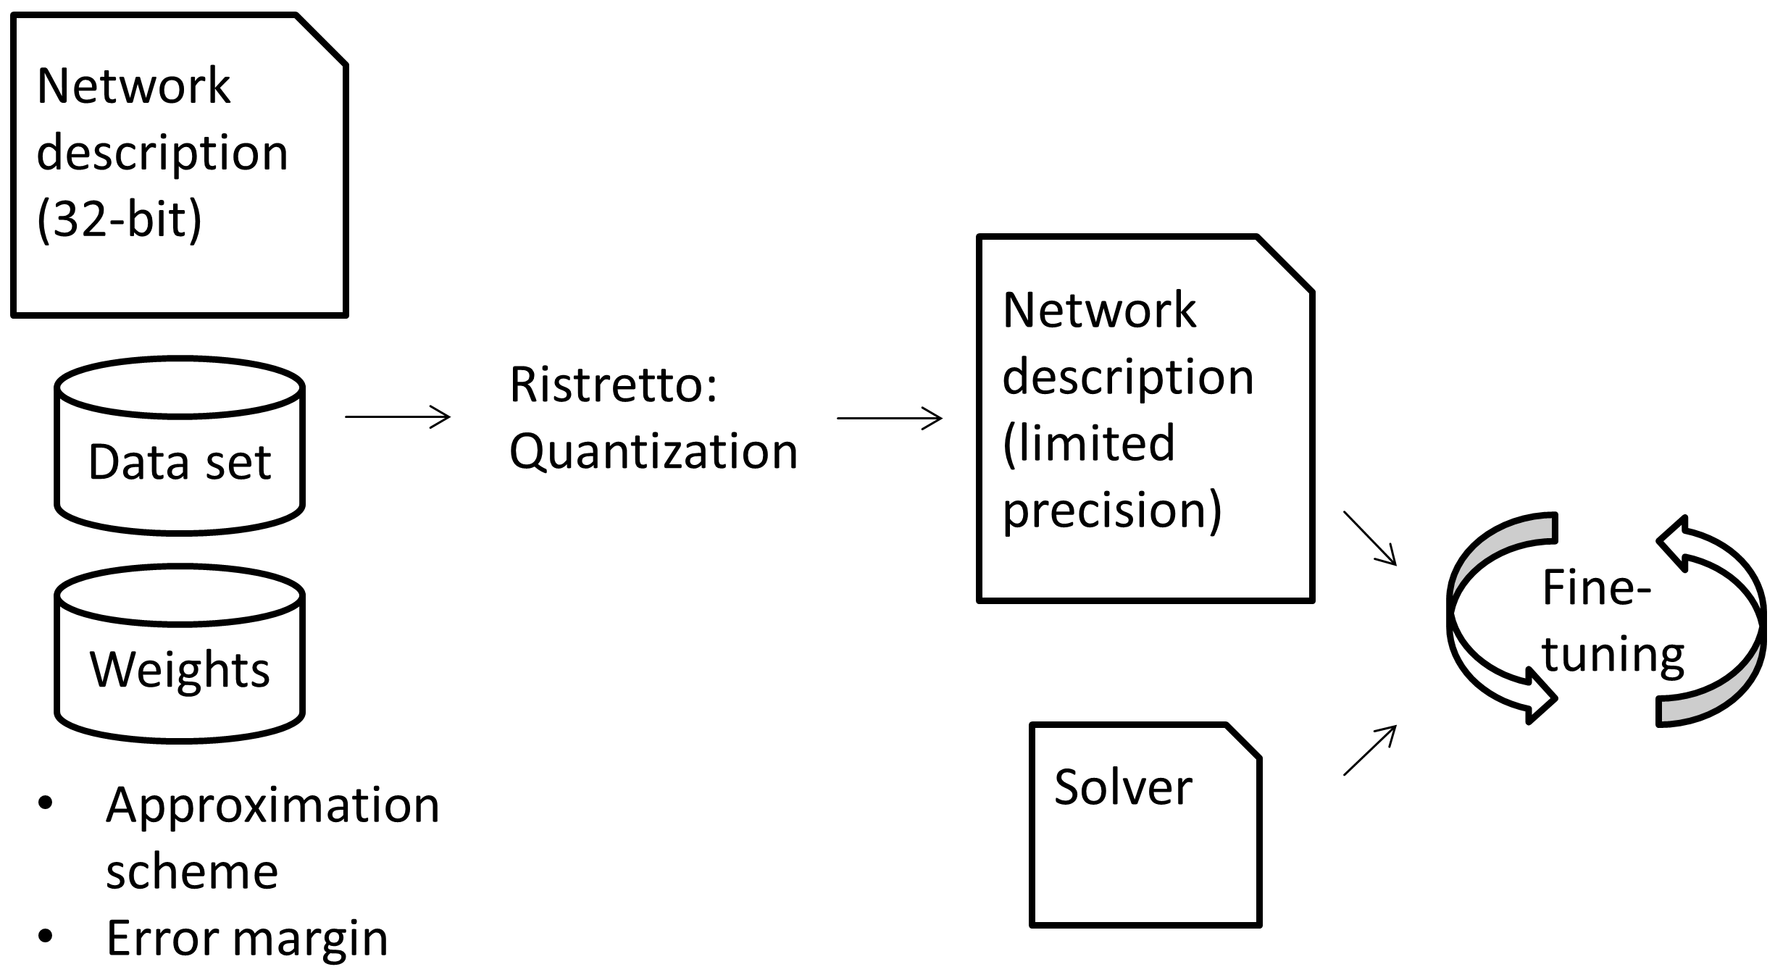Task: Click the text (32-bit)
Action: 120,219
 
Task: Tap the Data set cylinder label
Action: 179,462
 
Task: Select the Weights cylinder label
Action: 179,669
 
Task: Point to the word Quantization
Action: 653,451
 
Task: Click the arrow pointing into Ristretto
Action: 398,416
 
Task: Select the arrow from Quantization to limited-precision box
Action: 890,418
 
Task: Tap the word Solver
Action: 1122,787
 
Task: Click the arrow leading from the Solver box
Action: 1369,750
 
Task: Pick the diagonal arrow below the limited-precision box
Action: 1369,537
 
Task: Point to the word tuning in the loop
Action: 1613,654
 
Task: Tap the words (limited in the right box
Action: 1088,443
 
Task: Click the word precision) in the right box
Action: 1112,511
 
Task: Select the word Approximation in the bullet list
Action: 272,805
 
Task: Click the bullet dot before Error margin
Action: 46,937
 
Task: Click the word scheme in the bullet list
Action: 192,871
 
